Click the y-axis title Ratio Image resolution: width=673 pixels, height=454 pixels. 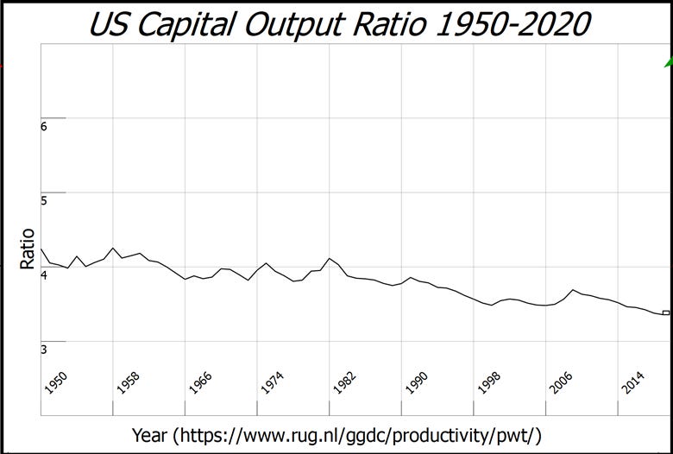point(27,249)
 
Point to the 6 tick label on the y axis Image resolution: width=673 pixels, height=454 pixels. point(44,126)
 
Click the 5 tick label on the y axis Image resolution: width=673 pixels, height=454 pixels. point(44,200)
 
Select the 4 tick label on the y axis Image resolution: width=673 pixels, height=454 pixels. point(44,274)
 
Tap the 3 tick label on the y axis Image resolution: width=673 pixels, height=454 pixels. point(44,349)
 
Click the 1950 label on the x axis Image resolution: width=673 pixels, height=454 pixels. point(57,383)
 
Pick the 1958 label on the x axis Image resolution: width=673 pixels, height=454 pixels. point(129,383)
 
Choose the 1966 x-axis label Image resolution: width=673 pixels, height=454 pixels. point(201,383)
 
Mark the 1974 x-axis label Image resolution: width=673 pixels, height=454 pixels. point(274,383)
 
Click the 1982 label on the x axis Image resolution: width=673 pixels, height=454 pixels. point(345,383)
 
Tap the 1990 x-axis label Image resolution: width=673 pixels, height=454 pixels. point(418,383)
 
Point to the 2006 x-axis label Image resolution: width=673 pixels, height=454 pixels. point(562,383)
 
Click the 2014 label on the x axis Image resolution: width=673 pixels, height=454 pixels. point(634,383)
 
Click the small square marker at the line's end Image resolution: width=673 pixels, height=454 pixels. point(665,312)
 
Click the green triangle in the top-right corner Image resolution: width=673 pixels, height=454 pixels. point(668,62)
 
